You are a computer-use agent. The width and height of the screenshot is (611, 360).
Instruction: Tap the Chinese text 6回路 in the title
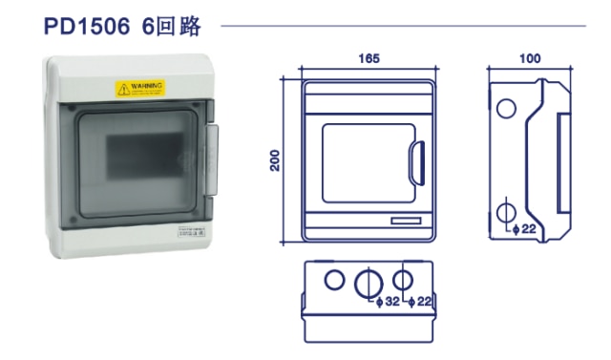pyautogui.click(x=174, y=26)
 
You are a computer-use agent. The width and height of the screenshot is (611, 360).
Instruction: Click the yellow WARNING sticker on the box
pyautogui.click(x=140, y=88)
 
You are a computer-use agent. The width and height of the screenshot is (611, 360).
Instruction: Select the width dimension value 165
pyautogui.click(x=369, y=58)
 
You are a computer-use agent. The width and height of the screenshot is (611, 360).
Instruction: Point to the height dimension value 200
pyautogui.click(x=276, y=159)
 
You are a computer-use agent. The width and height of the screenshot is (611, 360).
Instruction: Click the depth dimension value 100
pyautogui.click(x=530, y=58)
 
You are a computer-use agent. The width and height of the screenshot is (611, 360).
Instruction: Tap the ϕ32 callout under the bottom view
pyautogui.click(x=388, y=303)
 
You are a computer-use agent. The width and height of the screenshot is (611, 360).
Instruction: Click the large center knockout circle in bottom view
pyautogui.click(x=368, y=283)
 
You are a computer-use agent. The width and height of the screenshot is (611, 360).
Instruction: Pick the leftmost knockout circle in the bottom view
pyautogui.click(x=334, y=280)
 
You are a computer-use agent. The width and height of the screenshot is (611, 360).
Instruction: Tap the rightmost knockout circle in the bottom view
pyautogui.click(x=404, y=280)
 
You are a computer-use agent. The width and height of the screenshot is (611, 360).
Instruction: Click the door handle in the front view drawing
pyautogui.click(x=416, y=161)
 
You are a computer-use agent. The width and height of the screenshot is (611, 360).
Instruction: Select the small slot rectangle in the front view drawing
pyautogui.click(x=405, y=222)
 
